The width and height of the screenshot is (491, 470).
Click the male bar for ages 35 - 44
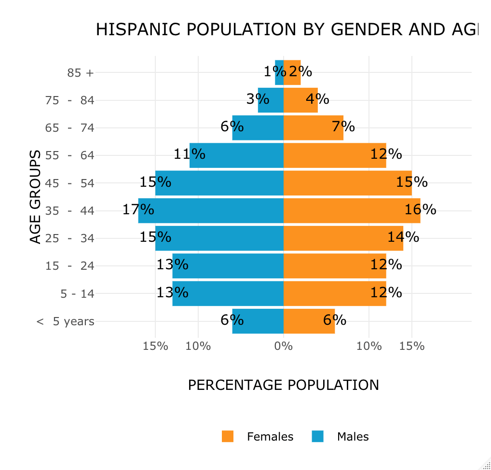click(211, 210)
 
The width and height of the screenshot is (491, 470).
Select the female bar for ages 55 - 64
click(335, 155)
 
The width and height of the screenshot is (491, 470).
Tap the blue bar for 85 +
click(279, 72)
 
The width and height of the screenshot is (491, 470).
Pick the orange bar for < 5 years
click(309, 321)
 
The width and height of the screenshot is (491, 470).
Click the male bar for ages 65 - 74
click(258, 128)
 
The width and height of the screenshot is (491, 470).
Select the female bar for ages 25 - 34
click(343, 238)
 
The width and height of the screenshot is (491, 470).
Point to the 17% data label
click(138, 209)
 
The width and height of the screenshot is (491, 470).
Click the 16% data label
click(420, 209)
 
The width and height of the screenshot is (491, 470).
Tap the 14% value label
click(403, 237)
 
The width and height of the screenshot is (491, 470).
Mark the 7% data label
click(343, 127)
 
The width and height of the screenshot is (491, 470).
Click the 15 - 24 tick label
click(70, 266)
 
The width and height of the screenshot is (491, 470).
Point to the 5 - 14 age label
click(77, 293)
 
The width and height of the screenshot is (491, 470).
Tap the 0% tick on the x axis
click(284, 346)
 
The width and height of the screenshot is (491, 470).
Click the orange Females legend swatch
click(228, 436)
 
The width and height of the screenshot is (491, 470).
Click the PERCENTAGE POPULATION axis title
click(283, 385)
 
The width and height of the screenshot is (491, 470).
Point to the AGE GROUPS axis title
click(35, 197)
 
